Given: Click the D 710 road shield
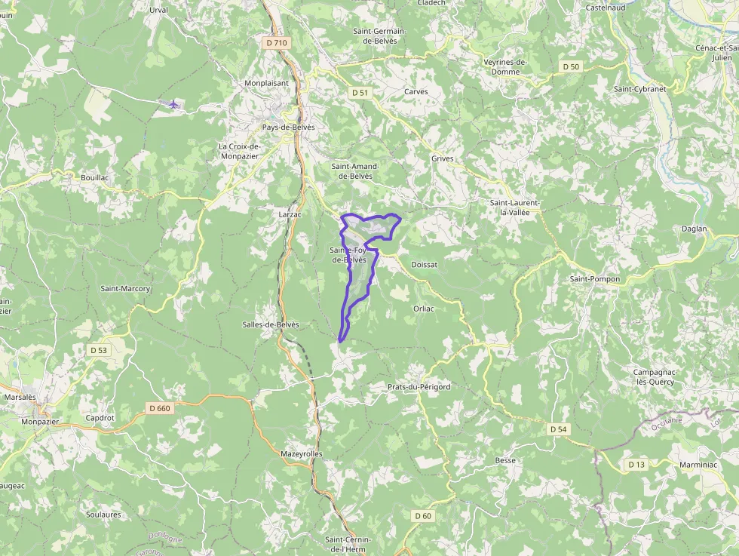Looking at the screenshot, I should click(x=278, y=43).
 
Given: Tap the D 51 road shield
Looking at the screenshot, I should click(x=361, y=92).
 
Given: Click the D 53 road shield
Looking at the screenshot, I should click(x=99, y=350).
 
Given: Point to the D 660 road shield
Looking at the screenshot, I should click(x=160, y=408).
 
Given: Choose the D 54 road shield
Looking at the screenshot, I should click(x=558, y=429).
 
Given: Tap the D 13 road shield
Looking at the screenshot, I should click(x=636, y=465).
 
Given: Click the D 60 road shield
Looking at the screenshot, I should click(x=423, y=516).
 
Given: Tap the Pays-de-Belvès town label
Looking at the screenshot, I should click(x=288, y=127).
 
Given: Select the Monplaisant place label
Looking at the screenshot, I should click(x=267, y=84).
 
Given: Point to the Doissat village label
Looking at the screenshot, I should click(x=425, y=265).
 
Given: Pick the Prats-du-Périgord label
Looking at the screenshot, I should click(x=419, y=387).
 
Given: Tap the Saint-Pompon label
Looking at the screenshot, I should click(x=595, y=279).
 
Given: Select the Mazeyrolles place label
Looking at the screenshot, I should click(x=302, y=454).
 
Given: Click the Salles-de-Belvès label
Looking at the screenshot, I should click(x=271, y=324).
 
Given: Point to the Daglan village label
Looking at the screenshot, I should click(x=694, y=229).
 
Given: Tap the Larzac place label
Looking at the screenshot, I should click(x=290, y=214).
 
